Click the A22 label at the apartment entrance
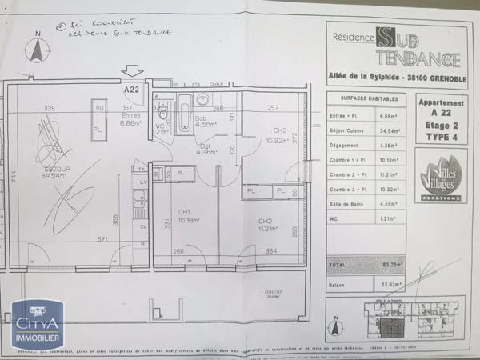tap(133, 90)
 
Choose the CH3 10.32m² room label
tap(279, 135)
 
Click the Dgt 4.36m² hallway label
tap(206, 150)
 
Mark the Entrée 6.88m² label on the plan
tap(130, 121)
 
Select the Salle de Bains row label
tap(349, 226)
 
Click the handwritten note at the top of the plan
tap(112, 29)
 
